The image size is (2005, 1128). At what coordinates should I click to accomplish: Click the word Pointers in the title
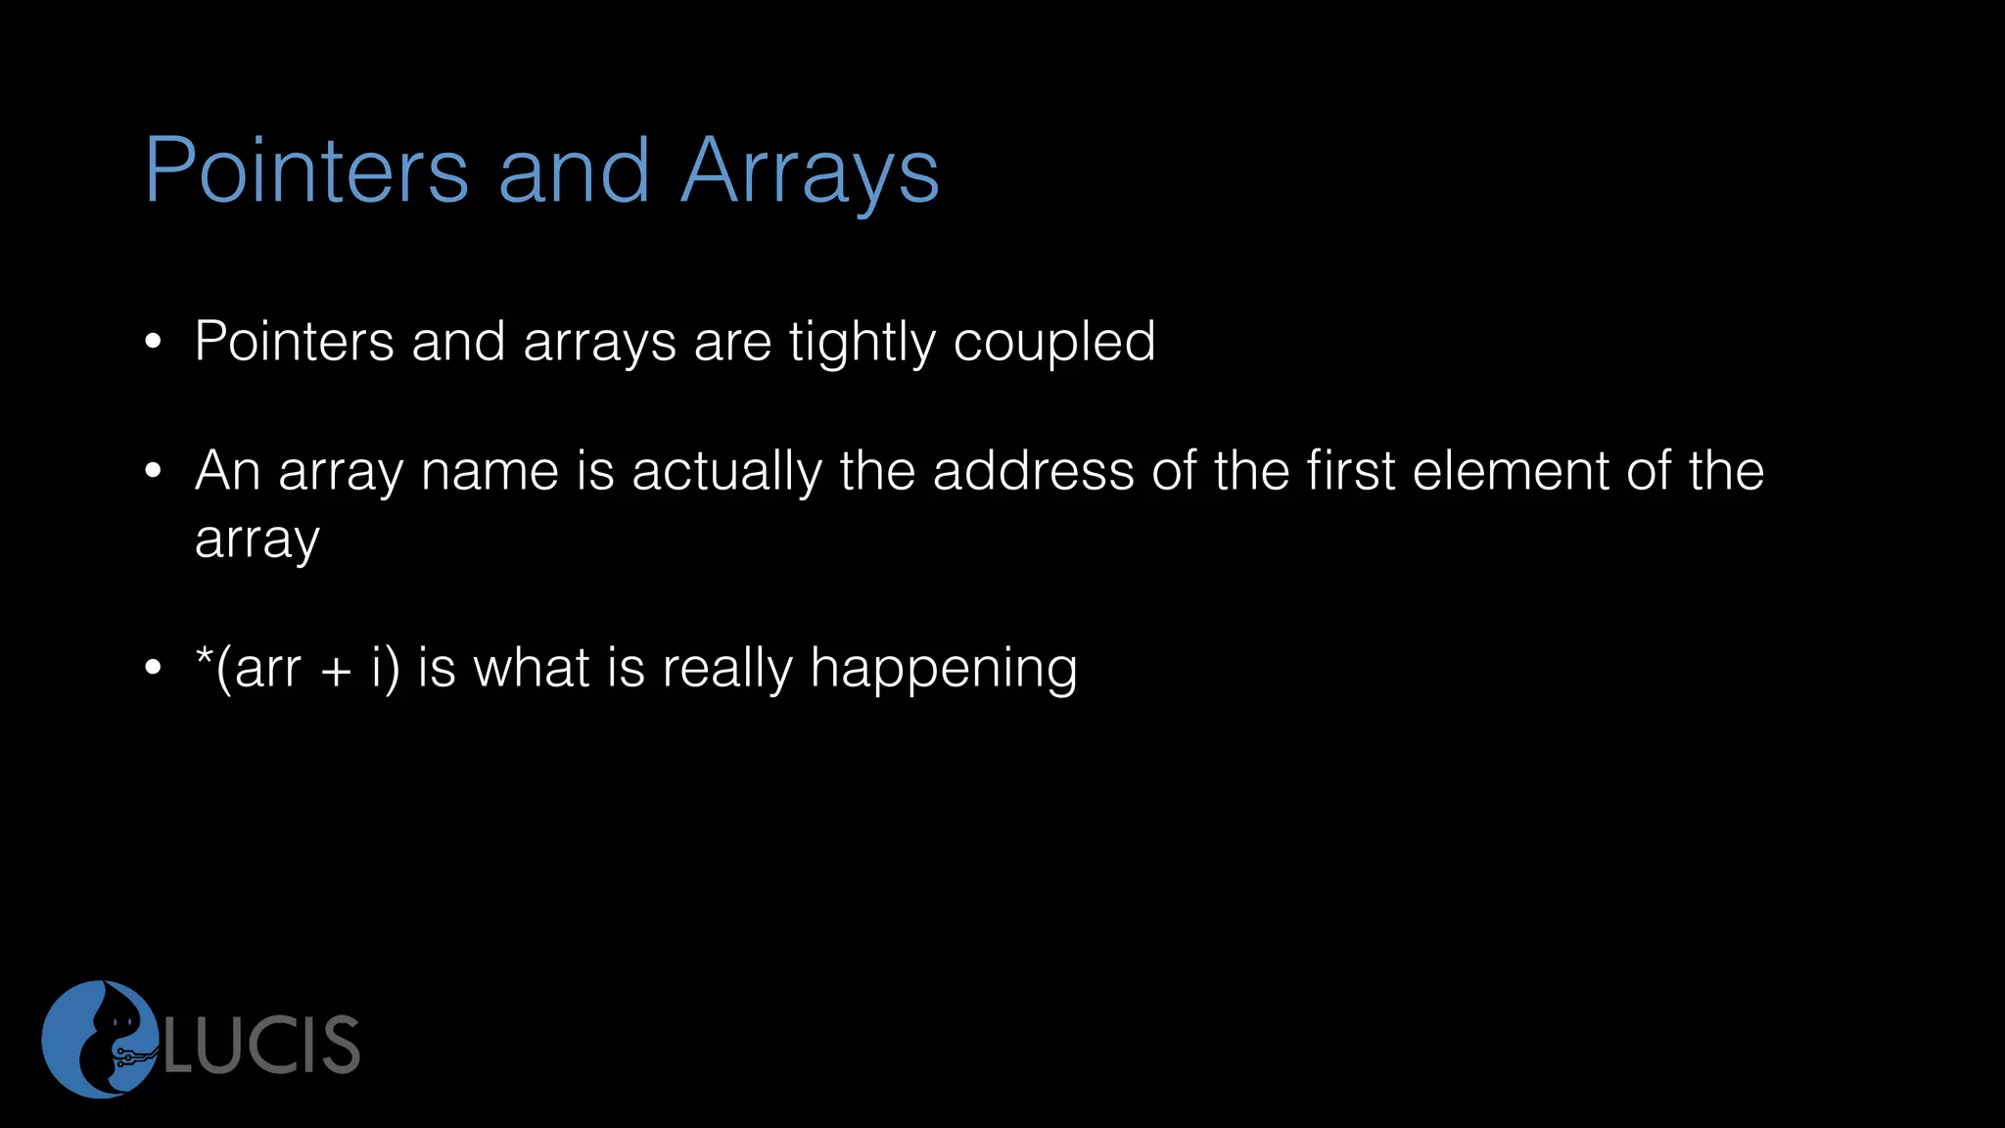tap(306, 171)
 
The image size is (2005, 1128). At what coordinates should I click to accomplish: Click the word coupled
tap(1053, 344)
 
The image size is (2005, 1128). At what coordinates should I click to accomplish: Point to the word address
tap(1033, 471)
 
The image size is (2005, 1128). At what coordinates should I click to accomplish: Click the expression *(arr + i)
tap(298, 669)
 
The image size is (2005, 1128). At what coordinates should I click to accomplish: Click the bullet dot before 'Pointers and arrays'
tap(152, 343)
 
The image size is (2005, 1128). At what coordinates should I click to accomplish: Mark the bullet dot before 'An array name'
tap(152, 472)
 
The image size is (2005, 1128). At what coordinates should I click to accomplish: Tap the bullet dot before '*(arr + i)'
tap(152, 669)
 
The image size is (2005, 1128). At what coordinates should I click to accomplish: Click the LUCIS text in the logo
tap(262, 1045)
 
